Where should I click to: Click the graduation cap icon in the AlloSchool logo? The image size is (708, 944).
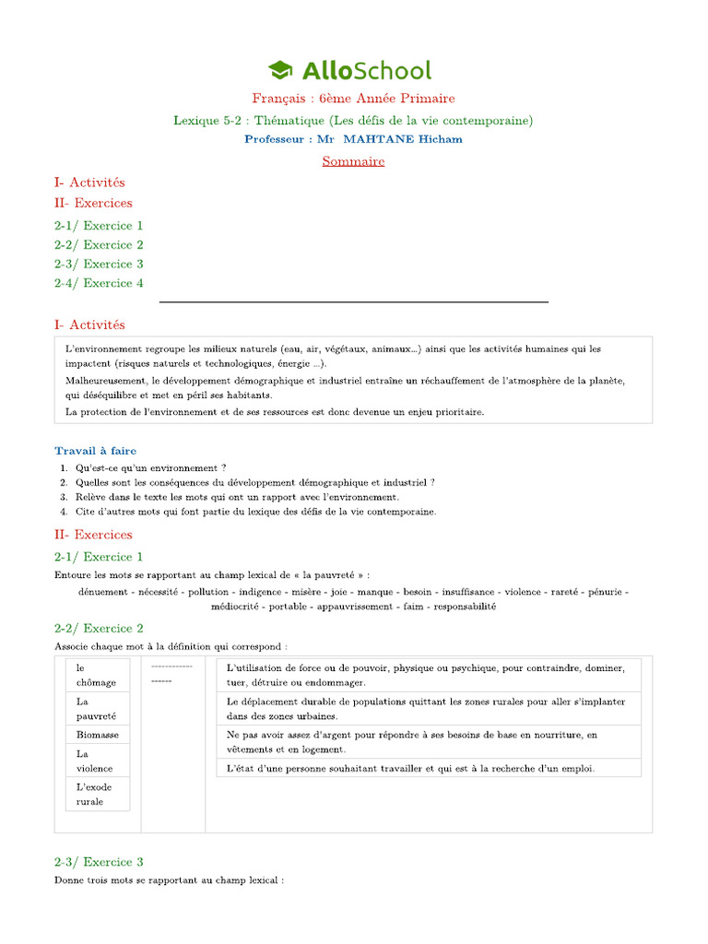(280, 70)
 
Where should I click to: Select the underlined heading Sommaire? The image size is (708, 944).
(353, 161)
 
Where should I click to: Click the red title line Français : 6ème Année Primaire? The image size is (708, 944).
(353, 99)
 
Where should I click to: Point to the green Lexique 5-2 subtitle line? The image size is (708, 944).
(353, 120)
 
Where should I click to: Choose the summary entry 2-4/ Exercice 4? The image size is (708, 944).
(99, 283)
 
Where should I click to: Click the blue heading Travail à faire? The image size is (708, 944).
(95, 451)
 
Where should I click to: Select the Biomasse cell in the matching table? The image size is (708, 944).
(98, 735)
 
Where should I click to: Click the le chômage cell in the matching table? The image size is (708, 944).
(97, 675)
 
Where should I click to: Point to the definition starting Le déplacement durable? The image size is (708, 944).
(427, 708)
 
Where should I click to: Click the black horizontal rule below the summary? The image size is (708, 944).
(353, 301)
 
